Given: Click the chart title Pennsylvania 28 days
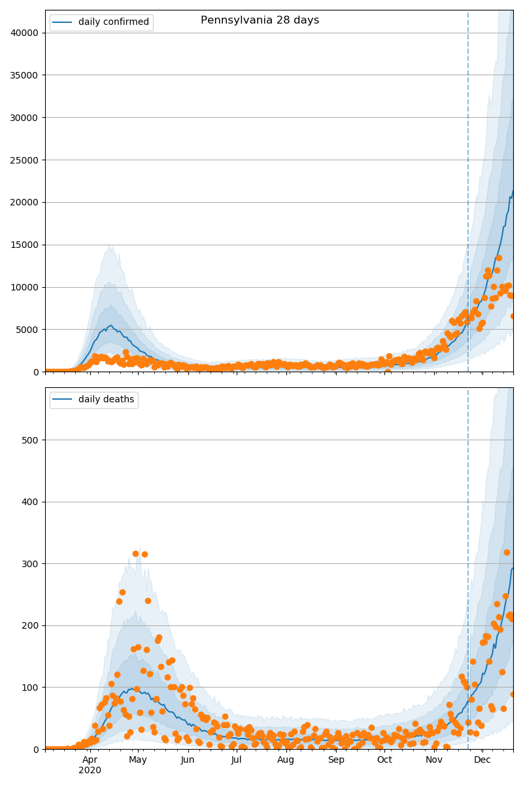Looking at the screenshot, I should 260,20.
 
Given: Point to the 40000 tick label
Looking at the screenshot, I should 27,33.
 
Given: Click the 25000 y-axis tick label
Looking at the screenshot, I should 27,160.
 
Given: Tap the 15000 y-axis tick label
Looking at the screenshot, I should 27,245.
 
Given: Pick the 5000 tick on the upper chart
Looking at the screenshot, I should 30,330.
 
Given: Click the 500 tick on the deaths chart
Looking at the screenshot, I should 33,440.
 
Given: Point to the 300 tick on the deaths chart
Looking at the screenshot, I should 33,564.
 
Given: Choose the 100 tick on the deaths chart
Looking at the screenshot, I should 33,688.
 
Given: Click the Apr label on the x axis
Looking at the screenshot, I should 90,759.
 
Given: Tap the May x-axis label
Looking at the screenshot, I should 138,759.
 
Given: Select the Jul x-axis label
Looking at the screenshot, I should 236,759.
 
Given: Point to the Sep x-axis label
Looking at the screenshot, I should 336,759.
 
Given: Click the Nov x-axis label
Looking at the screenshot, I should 434,759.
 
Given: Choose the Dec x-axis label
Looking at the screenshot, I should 482,759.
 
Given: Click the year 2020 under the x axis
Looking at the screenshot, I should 90,771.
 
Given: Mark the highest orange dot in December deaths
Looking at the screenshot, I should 507,552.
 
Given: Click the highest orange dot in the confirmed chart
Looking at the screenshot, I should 499,258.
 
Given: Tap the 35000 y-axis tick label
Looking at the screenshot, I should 27,75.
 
